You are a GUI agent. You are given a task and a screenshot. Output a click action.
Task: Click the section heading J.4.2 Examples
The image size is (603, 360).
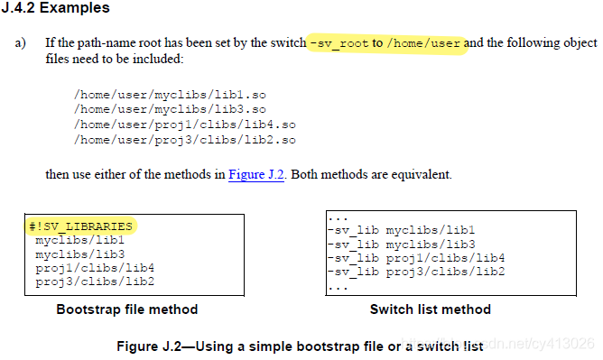pyautogui.click(x=55, y=8)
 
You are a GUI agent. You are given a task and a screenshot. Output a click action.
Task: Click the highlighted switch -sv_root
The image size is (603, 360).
pyautogui.click(x=339, y=42)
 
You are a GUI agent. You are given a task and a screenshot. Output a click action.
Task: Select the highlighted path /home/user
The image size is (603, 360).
pyautogui.click(x=425, y=42)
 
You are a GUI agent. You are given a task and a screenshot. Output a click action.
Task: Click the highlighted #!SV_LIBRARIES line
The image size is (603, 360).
pyautogui.click(x=81, y=226)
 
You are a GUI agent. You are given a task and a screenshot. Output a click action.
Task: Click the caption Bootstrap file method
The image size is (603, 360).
pyautogui.click(x=126, y=309)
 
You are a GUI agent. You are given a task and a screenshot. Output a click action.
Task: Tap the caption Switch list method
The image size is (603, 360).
pyautogui.click(x=430, y=309)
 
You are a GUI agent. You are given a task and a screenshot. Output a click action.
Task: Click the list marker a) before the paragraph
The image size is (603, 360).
pyautogui.click(x=20, y=43)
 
